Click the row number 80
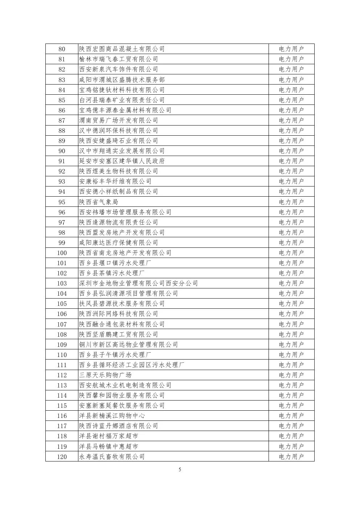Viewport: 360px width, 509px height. pos(62,49)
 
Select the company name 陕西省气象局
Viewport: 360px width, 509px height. pos(99,202)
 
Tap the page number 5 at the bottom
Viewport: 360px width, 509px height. pos(180,470)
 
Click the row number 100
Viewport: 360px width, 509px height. pos(62,253)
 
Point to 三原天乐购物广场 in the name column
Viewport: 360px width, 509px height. pos(105,375)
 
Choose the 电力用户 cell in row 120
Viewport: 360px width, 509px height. pos(291,457)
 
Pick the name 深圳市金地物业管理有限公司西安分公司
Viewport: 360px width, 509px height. pos(138,283)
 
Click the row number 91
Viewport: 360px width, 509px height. pos(62,161)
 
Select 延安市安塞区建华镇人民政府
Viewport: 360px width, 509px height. pos(122,161)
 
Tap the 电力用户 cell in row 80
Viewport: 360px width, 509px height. pos(291,49)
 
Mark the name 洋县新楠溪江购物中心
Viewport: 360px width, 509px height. pos(112,416)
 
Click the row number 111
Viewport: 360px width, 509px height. pos(62,365)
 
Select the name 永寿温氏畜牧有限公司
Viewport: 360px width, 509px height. pos(112,457)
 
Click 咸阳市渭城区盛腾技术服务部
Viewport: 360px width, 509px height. pos(122,79)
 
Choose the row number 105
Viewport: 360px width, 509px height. pos(62,304)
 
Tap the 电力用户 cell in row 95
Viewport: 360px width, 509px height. pos(291,202)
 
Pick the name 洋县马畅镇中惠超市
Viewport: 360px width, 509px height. pos(109,447)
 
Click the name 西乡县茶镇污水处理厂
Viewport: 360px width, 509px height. pos(112,273)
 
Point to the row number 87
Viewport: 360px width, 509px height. pos(62,120)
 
